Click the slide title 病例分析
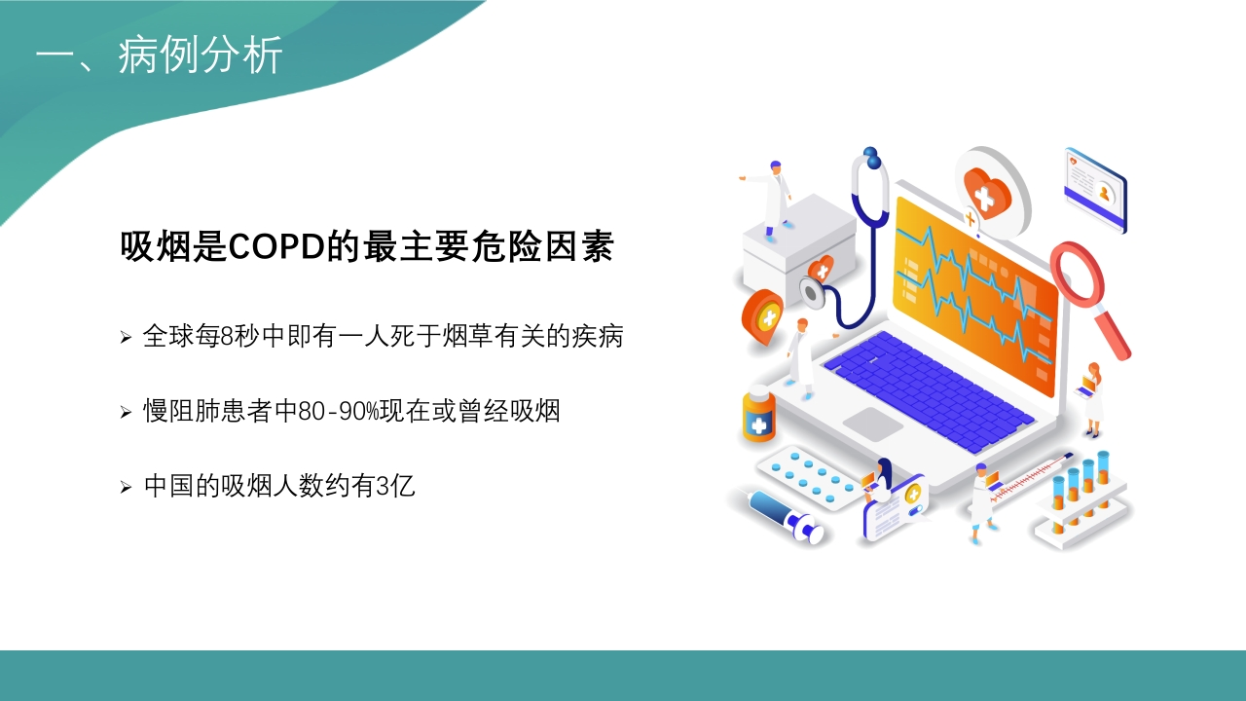click(201, 55)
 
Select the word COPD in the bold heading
click(276, 246)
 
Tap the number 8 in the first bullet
click(227, 336)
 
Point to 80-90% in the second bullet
click(338, 411)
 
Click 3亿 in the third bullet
click(395, 486)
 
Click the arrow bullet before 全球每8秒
click(126, 337)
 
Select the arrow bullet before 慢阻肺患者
click(126, 412)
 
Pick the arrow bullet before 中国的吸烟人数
click(126, 488)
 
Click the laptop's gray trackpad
click(873, 424)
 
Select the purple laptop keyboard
click(928, 389)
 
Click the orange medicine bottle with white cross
click(758, 415)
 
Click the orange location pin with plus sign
click(763, 317)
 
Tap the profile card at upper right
click(1095, 189)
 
